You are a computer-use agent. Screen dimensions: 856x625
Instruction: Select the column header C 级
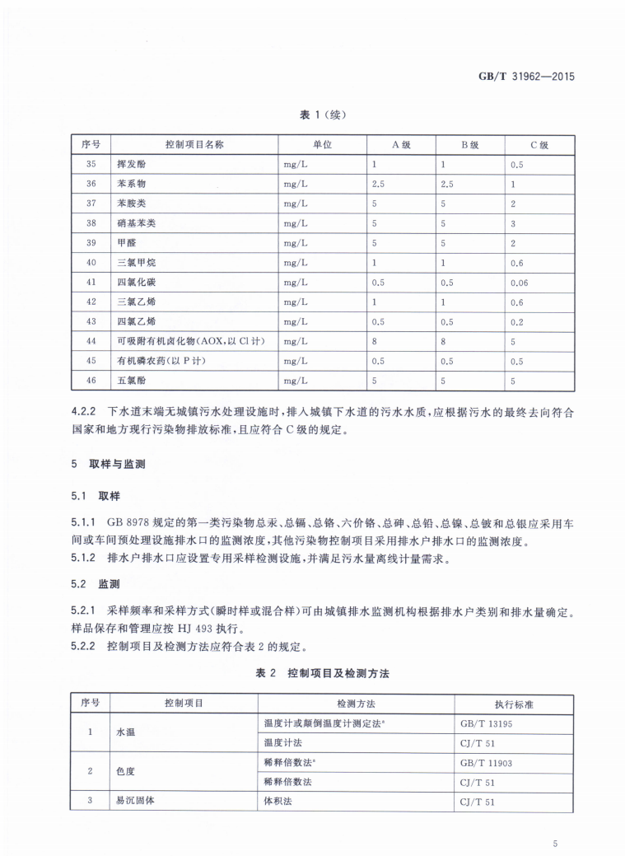point(539,144)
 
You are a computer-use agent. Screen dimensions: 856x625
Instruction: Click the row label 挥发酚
point(133,164)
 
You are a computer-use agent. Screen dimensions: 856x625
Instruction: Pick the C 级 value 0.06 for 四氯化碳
point(519,282)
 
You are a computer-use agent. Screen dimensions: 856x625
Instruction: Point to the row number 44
point(91,340)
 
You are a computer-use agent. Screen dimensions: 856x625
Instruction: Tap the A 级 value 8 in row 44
point(375,340)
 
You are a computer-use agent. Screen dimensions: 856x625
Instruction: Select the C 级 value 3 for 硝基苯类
point(513,222)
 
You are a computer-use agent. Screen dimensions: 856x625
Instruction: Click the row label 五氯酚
point(133,380)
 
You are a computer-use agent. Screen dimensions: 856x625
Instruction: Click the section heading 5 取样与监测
point(108,465)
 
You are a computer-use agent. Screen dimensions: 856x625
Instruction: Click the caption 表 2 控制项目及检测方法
point(322,673)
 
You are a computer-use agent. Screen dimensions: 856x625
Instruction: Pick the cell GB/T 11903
point(487,763)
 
